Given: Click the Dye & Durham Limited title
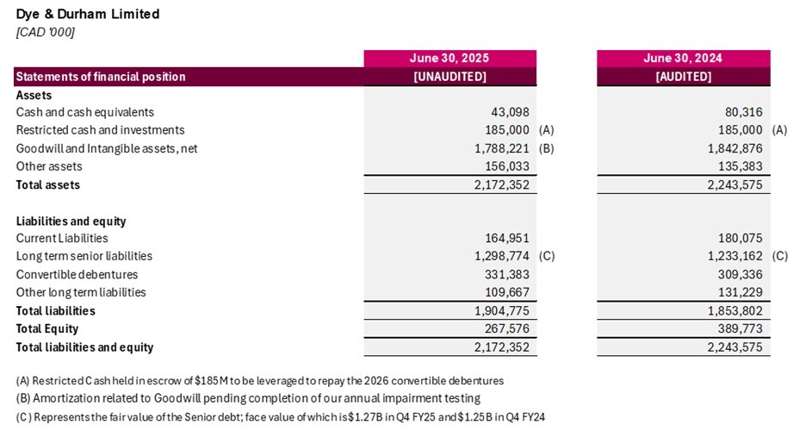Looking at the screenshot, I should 88,15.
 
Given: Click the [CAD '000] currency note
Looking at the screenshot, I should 46,32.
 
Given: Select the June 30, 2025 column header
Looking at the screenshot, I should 449,59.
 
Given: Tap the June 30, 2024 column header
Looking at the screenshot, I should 683,59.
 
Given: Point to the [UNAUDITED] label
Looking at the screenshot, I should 449,77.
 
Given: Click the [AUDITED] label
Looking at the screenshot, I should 683,77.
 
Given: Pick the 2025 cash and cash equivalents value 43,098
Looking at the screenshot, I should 509,112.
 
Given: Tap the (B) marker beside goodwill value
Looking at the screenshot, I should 546,148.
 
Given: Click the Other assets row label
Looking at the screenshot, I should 49,166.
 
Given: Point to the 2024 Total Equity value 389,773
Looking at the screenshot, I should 739,328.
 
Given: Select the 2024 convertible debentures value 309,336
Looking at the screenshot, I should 739,274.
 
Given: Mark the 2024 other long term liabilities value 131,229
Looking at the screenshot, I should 739,292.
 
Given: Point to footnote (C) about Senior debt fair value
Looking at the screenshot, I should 281,417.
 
